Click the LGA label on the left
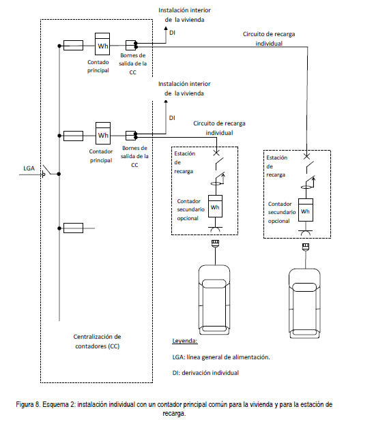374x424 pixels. click(x=29, y=168)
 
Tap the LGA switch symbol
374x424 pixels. click(x=46, y=170)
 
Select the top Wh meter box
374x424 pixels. click(x=102, y=44)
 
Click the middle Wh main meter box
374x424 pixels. click(x=103, y=133)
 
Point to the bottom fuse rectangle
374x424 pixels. click(x=73, y=228)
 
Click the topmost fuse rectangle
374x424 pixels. click(x=73, y=45)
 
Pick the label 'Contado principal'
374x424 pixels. click(x=98, y=66)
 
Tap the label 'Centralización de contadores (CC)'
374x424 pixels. click(x=97, y=342)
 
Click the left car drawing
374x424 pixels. click(x=214, y=300)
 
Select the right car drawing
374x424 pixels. click(x=304, y=303)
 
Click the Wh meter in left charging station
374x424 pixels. click(x=215, y=206)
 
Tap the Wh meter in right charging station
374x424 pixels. click(x=306, y=210)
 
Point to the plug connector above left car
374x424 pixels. click(x=215, y=243)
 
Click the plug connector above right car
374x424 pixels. click(x=306, y=246)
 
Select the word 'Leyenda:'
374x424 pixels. click(x=185, y=341)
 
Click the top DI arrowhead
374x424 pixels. click(x=166, y=28)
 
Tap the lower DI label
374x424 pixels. click(x=172, y=118)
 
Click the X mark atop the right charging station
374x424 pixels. click(x=306, y=156)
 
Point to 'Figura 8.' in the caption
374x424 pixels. click(x=28, y=404)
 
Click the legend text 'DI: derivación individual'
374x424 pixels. click(x=205, y=373)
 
